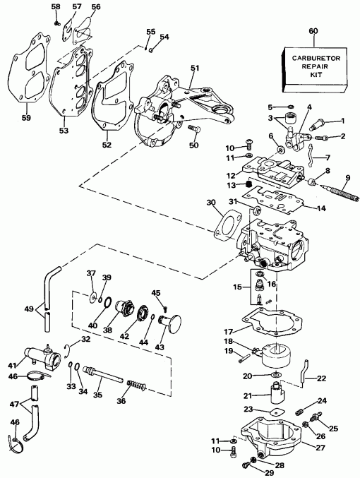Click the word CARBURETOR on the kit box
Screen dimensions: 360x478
pyautogui.click(x=316, y=58)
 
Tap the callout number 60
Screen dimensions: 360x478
pyautogui.click(x=313, y=31)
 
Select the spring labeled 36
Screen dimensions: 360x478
pyautogui.click(x=136, y=385)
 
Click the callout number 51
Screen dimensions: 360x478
pyautogui.click(x=195, y=68)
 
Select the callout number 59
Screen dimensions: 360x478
pyautogui.click(x=26, y=117)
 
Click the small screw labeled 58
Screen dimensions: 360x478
pyautogui.click(x=56, y=23)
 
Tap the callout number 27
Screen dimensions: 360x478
pyautogui.click(x=320, y=448)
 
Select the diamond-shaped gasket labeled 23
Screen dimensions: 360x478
pyautogui.click(x=275, y=412)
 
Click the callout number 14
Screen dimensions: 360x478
pyautogui.click(x=321, y=208)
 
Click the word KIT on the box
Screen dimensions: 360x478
pyautogui.click(x=318, y=75)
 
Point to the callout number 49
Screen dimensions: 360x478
pyautogui.click(x=29, y=309)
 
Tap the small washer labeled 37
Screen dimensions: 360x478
pyautogui.click(x=92, y=296)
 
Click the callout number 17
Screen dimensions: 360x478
pyautogui.click(x=228, y=331)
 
